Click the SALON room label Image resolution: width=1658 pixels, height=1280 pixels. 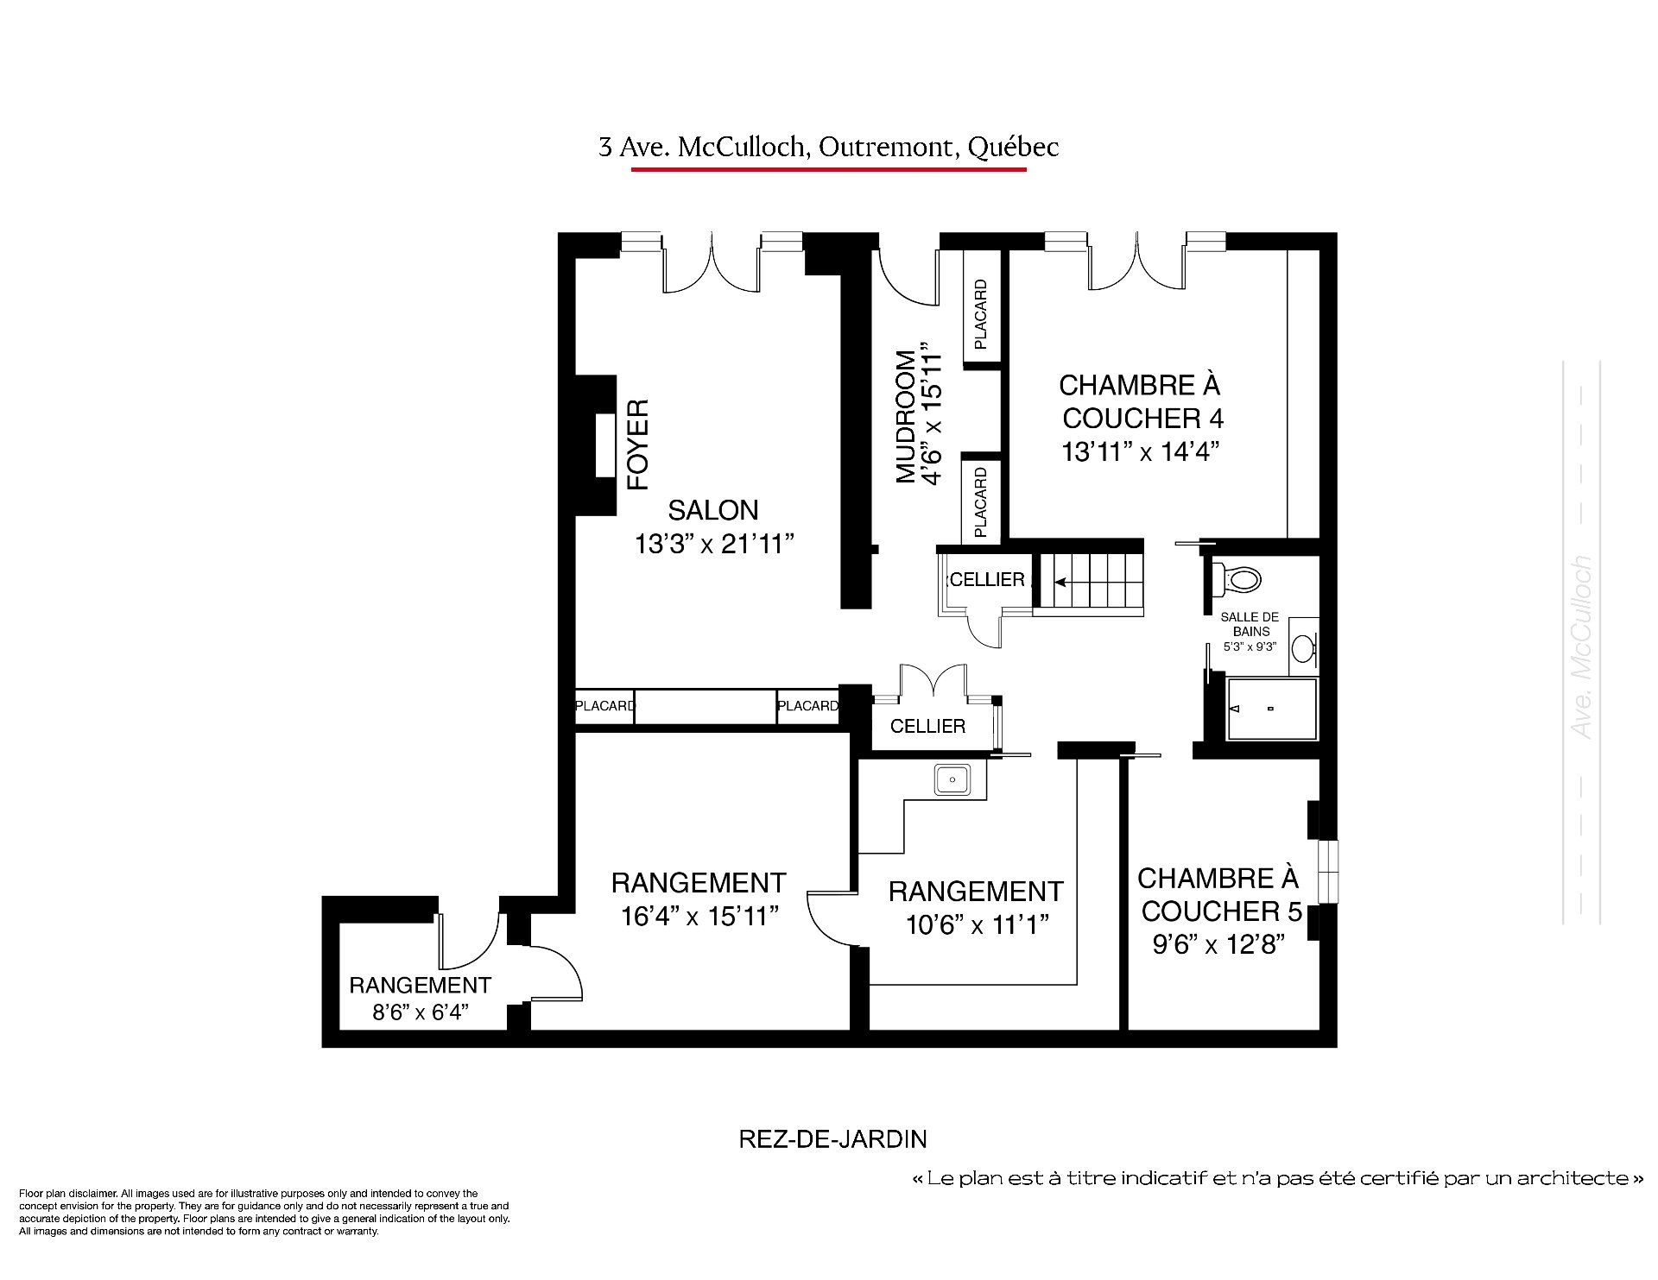click(x=713, y=509)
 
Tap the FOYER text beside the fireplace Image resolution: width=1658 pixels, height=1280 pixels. click(x=637, y=445)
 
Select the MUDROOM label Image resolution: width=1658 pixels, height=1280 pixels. click(x=905, y=416)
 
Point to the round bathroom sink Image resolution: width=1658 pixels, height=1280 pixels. click(x=1303, y=648)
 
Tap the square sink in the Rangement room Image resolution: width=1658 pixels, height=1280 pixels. click(x=952, y=779)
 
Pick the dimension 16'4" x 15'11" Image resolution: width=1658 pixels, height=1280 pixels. click(x=700, y=916)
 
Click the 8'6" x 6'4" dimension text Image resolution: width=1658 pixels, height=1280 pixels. click(x=420, y=1012)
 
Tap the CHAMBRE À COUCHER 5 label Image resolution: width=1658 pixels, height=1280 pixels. click(x=1218, y=894)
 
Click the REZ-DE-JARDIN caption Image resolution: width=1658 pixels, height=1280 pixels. click(x=832, y=1139)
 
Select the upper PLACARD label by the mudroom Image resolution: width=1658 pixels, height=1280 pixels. click(x=980, y=314)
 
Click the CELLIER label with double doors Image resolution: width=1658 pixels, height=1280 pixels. click(x=927, y=726)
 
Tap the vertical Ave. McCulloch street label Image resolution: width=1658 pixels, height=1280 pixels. click(x=1582, y=646)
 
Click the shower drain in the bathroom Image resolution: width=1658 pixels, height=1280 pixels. click(x=1271, y=709)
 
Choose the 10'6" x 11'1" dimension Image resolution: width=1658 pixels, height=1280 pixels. click(x=978, y=924)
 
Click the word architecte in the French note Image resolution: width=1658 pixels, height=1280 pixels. click(x=1578, y=1178)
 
